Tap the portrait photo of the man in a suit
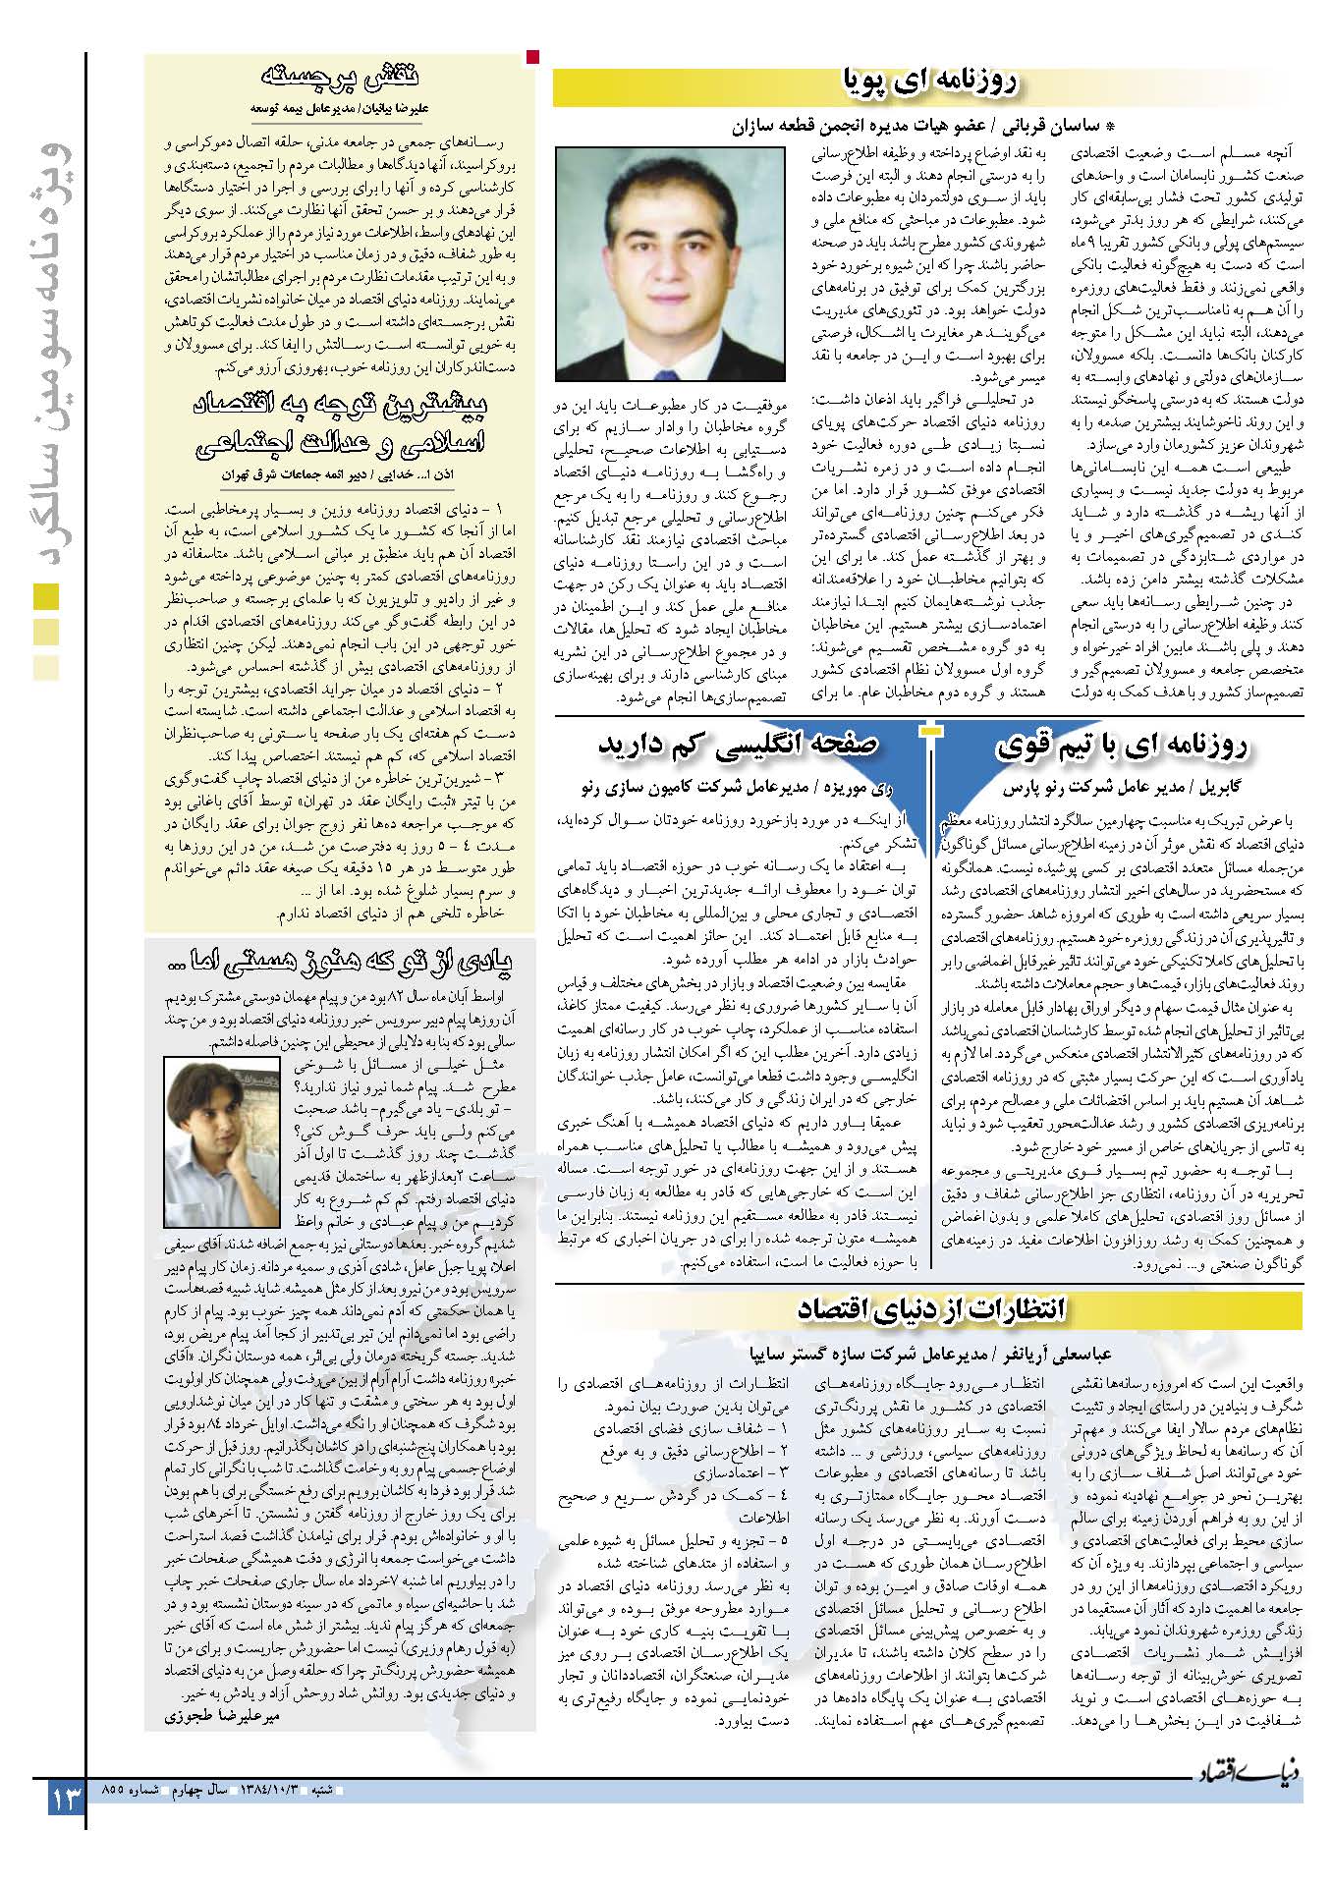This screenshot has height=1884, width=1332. tap(670, 262)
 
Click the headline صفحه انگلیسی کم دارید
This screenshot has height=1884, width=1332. tap(738, 746)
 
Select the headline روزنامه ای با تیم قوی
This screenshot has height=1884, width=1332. tap(1122, 746)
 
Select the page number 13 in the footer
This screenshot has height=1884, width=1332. tap(65, 1801)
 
